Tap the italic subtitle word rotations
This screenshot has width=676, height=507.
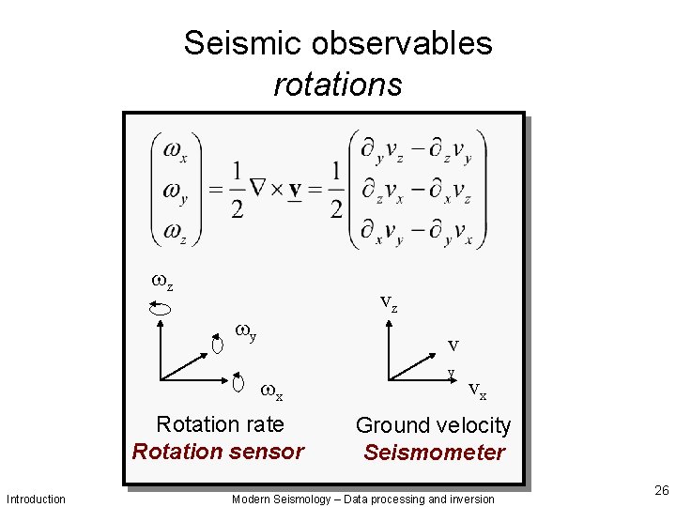point(338,84)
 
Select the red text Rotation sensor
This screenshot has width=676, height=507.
point(218,452)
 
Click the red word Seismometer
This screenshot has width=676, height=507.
point(434,453)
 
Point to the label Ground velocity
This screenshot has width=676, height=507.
point(433,425)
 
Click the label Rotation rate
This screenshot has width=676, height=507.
point(220,424)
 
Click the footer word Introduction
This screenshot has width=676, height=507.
point(36,499)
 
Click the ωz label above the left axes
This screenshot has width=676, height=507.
point(162,280)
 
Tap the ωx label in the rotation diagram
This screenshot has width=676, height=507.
point(271,391)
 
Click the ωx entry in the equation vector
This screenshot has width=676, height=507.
point(175,149)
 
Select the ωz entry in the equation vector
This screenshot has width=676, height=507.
point(175,231)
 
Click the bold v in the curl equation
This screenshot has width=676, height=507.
point(295,191)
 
